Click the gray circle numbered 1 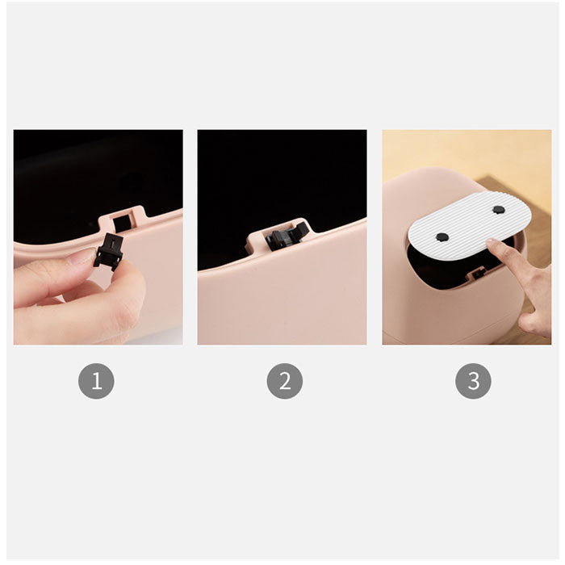96,381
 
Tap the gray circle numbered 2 285,381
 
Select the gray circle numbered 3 473,381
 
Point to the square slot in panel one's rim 122,224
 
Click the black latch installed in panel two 287,236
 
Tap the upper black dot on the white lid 498,209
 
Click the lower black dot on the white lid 442,236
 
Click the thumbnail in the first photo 80,257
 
